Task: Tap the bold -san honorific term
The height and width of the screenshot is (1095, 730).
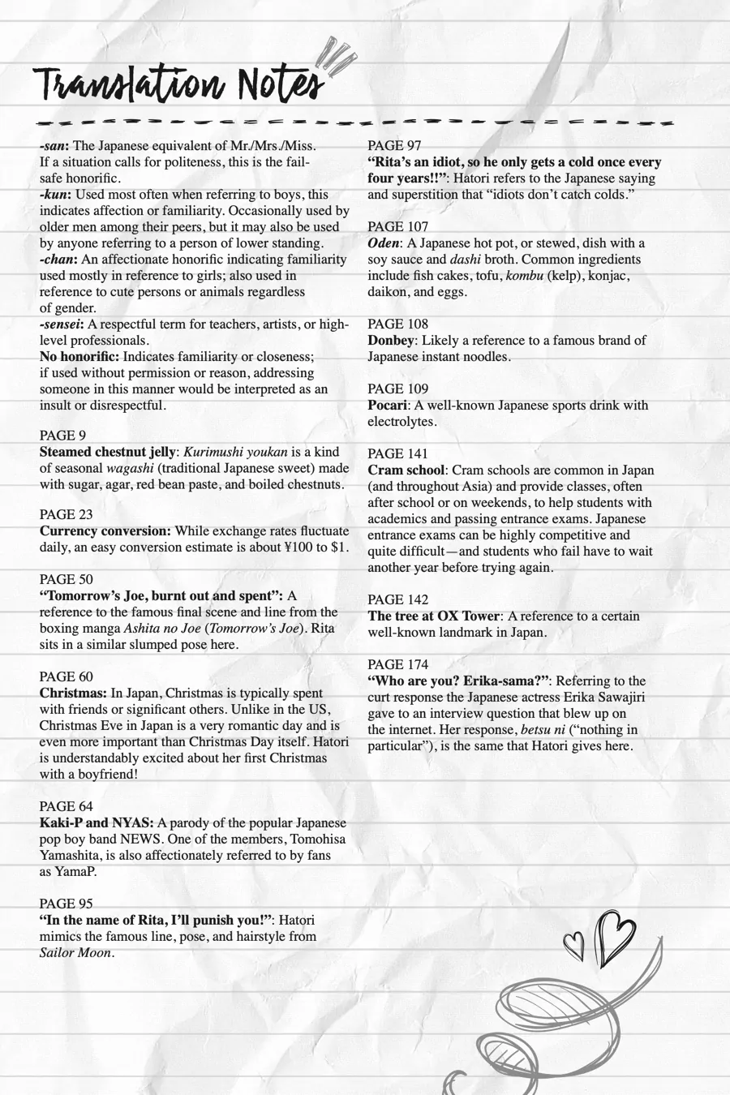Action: pyautogui.click(x=54, y=146)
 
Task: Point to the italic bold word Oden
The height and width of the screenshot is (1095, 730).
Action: pyautogui.click(x=384, y=243)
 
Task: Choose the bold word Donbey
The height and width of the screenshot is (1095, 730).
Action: pyautogui.click(x=390, y=341)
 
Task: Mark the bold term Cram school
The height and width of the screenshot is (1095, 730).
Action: pyautogui.click(x=406, y=470)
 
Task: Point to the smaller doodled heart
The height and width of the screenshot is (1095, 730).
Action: pyautogui.click(x=574, y=943)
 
